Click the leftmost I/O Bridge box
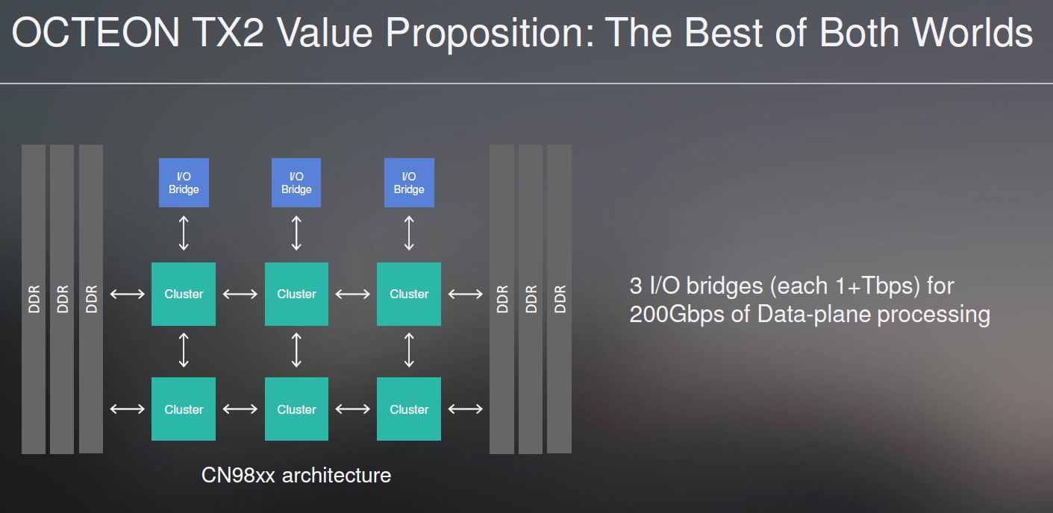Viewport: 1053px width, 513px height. coord(184,183)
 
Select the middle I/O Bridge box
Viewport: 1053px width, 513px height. coord(296,183)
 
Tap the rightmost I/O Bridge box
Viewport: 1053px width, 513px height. coord(409,183)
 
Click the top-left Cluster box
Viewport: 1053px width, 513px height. coord(184,294)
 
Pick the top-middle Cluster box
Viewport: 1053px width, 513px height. coord(296,294)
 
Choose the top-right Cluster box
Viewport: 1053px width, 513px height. coord(409,294)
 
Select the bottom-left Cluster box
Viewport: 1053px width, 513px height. coord(184,409)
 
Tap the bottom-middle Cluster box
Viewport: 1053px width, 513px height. coord(296,409)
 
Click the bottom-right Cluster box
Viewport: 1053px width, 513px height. coord(409,409)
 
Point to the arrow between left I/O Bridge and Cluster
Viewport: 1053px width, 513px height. coord(184,233)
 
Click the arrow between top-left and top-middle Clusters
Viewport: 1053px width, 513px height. coord(240,294)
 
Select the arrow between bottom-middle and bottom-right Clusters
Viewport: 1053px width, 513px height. coord(352,409)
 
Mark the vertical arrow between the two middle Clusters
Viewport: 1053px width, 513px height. coord(296,350)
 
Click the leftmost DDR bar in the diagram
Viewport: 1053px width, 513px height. coord(34,299)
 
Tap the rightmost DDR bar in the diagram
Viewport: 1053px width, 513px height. coord(560,299)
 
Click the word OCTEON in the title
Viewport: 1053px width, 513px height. coord(96,32)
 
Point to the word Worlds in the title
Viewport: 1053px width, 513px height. coord(972,32)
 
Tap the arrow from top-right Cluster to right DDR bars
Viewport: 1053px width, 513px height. coord(466,294)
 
